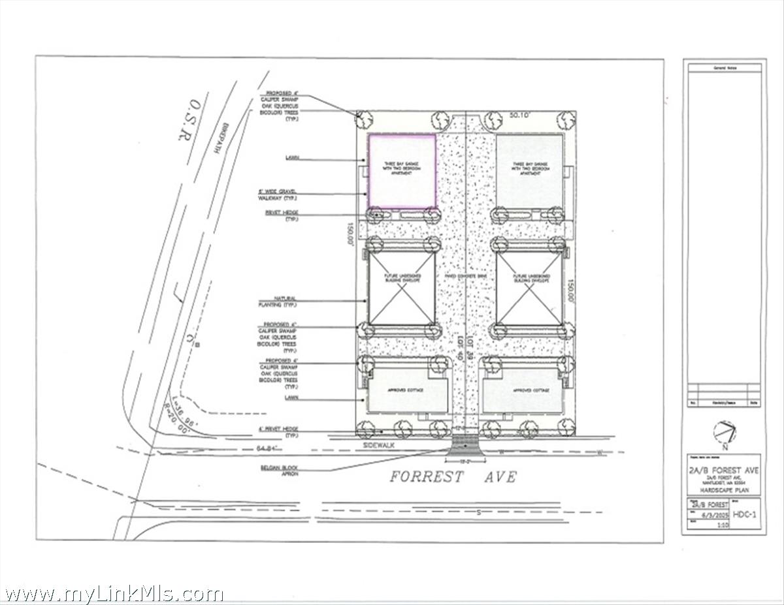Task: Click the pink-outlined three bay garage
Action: pos(402,171)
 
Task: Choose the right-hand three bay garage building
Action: pos(529,171)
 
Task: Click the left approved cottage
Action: pos(408,391)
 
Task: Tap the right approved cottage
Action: pos(523,391)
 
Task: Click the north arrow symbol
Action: pos(724,432)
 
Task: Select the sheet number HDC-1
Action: pos(745,514)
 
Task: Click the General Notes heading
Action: pos(724,67)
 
